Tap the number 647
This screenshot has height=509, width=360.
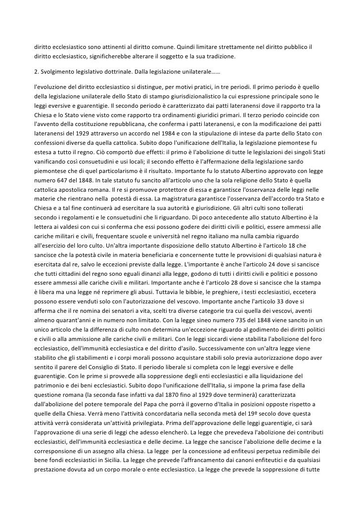[58, 188]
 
